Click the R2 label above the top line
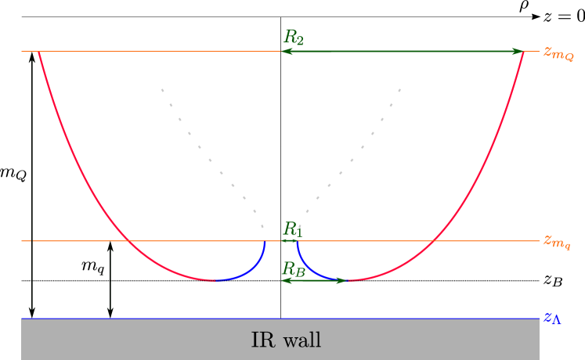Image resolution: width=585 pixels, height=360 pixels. click(293, 37)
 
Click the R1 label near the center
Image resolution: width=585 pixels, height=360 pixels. click(292, 229)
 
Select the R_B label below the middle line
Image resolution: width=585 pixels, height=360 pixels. click(293, 269)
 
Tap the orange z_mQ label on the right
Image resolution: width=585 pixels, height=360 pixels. click(558, 53)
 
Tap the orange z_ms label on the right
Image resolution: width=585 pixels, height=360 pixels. click(557, 241)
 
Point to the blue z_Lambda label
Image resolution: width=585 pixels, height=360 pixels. click(552, 319)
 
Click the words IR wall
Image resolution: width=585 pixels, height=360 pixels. click(286, 340)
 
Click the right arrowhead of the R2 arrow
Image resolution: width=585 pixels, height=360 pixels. click(518, 52)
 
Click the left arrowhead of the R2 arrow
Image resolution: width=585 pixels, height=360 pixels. click(286, 52)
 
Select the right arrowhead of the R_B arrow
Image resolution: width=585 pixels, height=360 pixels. click(341, 279)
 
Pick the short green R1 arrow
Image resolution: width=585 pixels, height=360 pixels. click(289, 240)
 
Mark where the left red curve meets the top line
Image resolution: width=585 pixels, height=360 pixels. click(38, 52)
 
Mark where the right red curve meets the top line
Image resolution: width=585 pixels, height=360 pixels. click(524, 52)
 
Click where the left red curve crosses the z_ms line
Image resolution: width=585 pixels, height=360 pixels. click(130, 240)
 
